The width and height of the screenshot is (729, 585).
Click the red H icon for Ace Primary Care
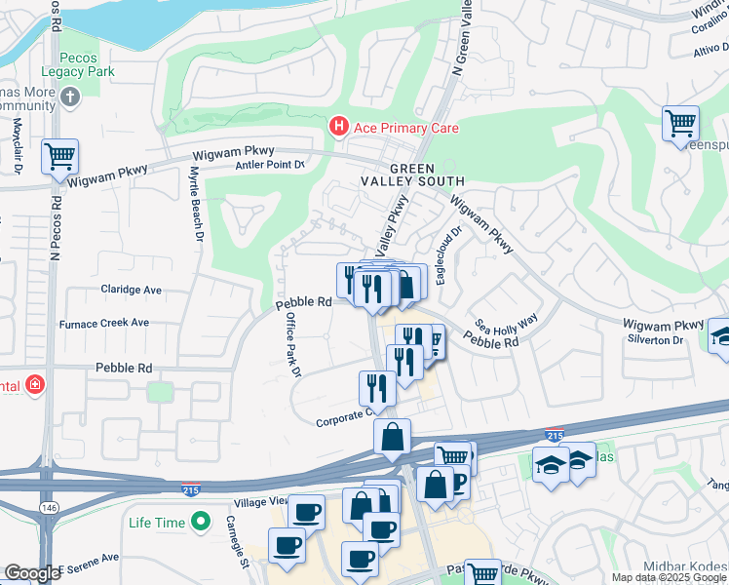[338, 127]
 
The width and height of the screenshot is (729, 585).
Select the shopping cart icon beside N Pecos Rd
[60, 155]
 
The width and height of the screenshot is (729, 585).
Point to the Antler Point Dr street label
[270, 165]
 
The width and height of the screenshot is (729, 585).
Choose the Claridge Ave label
[132, 291]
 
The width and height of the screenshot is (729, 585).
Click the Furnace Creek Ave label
[104, 323]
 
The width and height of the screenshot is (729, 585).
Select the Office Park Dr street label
[291, 345]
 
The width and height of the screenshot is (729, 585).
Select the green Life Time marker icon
[202, 522]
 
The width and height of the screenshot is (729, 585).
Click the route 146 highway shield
[47, 508]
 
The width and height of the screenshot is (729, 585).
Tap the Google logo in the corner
[31, 573]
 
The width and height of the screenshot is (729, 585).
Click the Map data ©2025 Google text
[669, 577]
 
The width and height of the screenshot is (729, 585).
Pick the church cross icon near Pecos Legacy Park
[68, 97]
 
